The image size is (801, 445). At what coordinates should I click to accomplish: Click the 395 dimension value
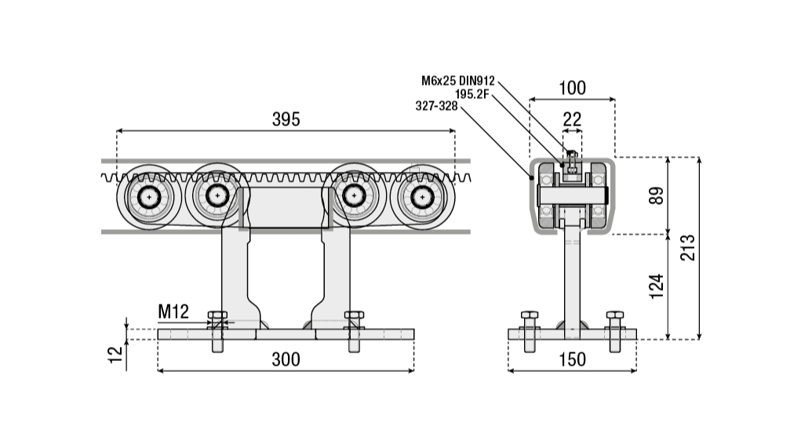click(286, 119)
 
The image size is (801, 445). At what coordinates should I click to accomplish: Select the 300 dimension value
click(286, 359)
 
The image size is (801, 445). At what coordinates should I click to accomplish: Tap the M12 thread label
click(173, 312)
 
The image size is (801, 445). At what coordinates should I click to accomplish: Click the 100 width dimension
click(572, 88)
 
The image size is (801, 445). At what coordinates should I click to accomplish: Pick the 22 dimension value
click(573, 119)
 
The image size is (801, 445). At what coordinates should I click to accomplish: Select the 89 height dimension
click(657, 195)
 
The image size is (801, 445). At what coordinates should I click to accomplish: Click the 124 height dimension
click(657, 286)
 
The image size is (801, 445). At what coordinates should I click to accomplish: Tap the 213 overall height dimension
click(687, 248)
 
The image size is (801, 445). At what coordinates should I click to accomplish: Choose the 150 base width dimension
click(573, 359)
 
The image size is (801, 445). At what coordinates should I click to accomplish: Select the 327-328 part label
click(436, 107)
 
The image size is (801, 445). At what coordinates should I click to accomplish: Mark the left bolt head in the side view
click(217, 318)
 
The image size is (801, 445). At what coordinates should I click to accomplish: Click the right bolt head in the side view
click(354, 318)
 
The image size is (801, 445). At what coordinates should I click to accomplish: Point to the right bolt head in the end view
click(614, 318)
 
